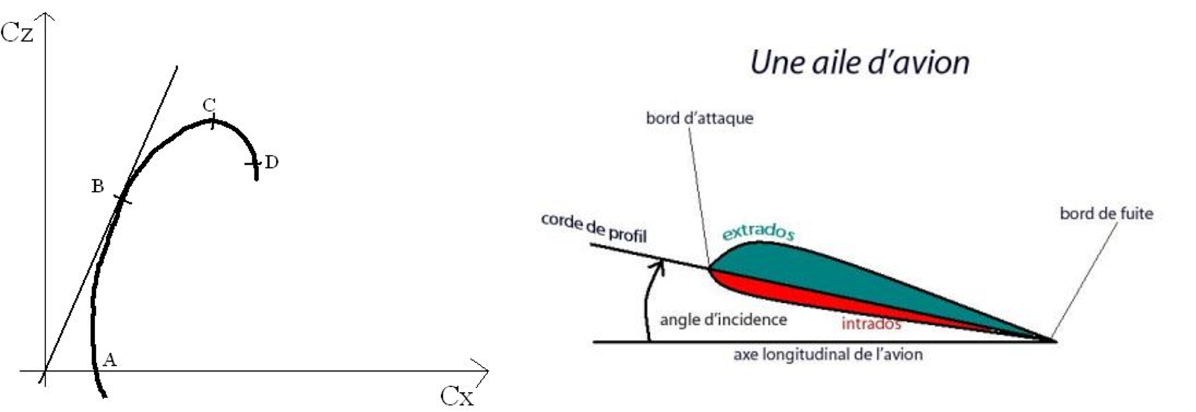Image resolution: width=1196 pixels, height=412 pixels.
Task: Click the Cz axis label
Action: pos(17,32)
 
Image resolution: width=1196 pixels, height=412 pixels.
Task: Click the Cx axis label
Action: pos(457,396)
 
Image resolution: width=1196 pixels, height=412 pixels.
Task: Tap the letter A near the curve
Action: pos(110,360)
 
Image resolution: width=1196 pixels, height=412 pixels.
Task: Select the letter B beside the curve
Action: pos(97,186)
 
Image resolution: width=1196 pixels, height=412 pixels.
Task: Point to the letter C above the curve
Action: pos(209,104)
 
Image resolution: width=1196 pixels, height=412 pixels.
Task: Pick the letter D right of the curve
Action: pos(271,162)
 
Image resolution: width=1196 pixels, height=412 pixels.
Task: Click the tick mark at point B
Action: pos(123,198)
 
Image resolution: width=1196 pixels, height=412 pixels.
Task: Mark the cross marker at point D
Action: pos(253,164)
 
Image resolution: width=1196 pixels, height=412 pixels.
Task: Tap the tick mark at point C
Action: pos(212,122)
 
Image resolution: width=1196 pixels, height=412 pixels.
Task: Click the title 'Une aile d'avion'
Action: pos(860,63)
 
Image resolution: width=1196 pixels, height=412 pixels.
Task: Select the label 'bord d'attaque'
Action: pos(699,118)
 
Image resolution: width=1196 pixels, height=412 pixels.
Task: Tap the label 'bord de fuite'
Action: pos(1106,214)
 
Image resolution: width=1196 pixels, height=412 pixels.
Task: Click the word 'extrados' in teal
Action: pos(758,231)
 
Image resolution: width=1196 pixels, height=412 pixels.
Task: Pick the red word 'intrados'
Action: pos(871,324)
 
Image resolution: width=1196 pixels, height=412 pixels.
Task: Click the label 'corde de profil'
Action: pos(594,227)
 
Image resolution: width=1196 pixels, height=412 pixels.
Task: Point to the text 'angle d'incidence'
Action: pos(723,320)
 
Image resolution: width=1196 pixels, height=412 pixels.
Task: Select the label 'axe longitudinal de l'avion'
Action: pos(827,354)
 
